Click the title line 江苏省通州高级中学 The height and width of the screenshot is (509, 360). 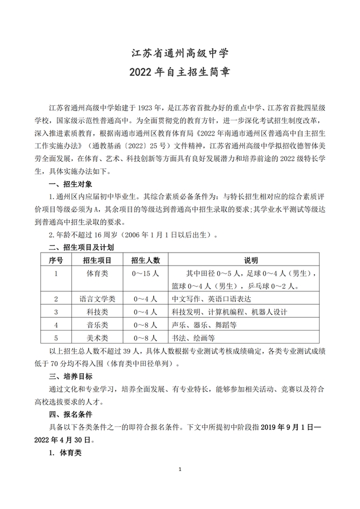pyautogui.click(x=180, y=53)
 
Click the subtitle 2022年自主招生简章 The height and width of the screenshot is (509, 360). pyautogui.click(x=180, y=73)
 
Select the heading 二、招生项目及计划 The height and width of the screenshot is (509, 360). pyautogui.click(x=81, y=247)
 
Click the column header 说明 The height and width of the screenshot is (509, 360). pyautogui.click(x=251, y=260)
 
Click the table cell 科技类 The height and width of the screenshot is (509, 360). pyautogui.click(x=98, y=312)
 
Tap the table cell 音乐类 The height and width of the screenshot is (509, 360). pyautogui.click(x=98, y=325)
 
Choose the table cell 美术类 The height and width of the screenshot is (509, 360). pyautogui.click(x=98, y=338)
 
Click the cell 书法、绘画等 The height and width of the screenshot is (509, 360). pyautogui.click(x=193, y=338)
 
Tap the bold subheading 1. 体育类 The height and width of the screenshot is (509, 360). pyautogui.click(x=65, y=453)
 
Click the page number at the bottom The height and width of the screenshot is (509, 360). pyautogui.click(x=180, y=470)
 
